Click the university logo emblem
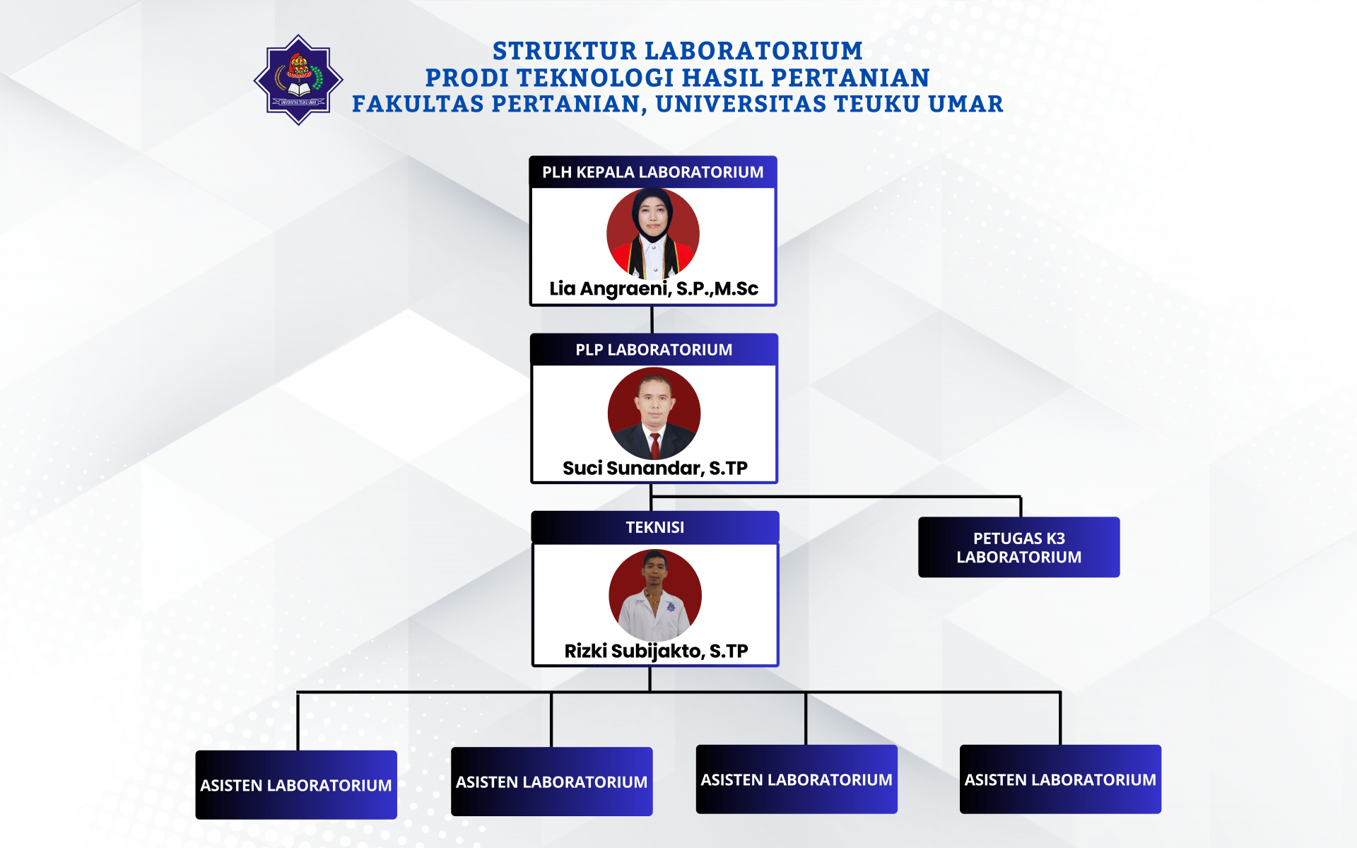pos(298,80)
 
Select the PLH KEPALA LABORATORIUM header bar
pos(653,172)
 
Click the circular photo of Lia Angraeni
pos(653,233)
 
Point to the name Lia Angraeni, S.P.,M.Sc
pos(654,289)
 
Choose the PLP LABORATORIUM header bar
pos(654,349)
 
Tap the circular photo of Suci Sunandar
pos(654,413)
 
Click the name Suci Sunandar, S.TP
pos(655,468)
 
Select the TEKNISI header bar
pos(655,527)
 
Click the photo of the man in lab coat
pos(655,596)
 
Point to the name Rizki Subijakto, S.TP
pos(656,651)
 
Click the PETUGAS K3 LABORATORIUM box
pos(1019,547)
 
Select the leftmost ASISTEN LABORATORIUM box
pos(296,784)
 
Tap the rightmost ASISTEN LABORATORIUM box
pos(1060,779)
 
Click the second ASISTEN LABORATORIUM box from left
pos(552,782)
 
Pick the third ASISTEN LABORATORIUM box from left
pos(797,779)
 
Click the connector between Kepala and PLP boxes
pos(652,320)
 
